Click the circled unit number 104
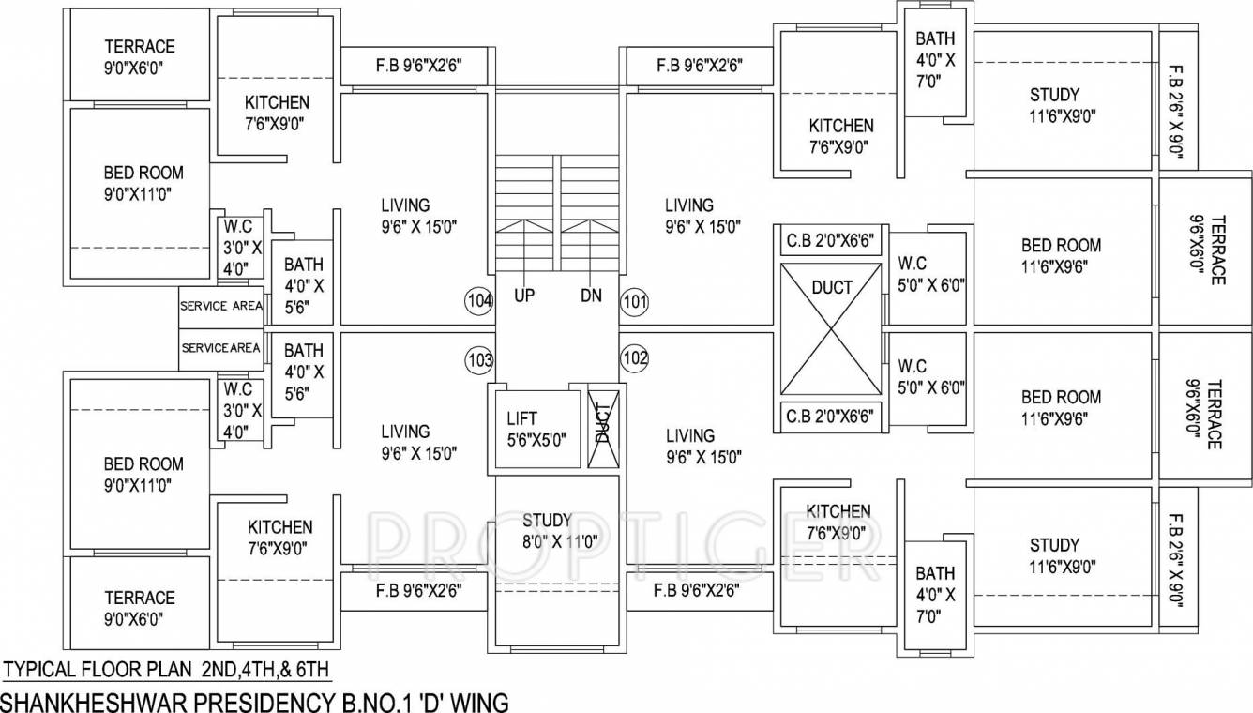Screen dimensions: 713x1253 (478, 301)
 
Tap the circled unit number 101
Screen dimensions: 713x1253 (634, 301)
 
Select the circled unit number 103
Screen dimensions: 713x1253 (478, 358)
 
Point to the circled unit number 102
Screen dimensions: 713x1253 (634, 358)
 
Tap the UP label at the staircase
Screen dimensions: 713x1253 (524, 296)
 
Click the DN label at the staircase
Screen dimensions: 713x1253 (590, 296)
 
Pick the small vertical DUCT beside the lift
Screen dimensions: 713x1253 (601, 427)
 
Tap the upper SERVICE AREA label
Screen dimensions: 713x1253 (221, 306)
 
